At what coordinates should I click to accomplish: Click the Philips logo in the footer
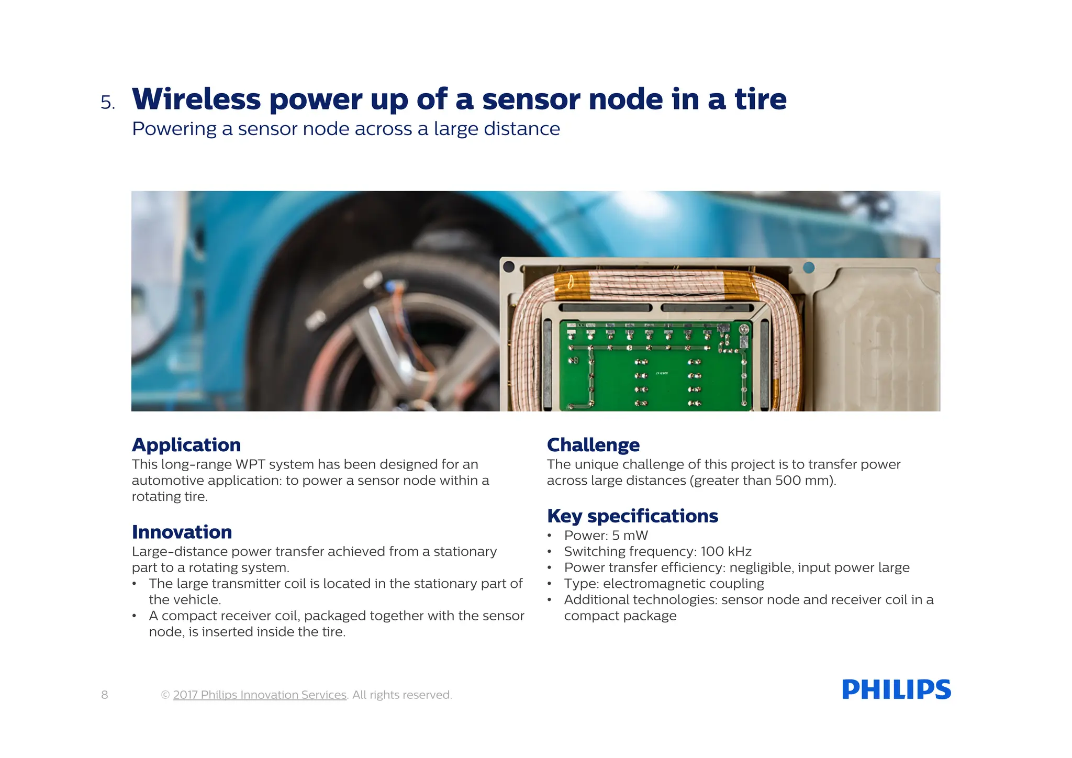click(896, 689)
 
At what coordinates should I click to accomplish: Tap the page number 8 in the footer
click(105, 695)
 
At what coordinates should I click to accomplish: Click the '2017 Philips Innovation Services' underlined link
click(260, 695)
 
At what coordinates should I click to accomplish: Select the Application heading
click(186, 445)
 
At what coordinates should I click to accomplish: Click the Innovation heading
click(182, 532)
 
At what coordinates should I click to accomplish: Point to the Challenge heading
click(593, 445)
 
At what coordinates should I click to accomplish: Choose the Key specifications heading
click(632, 516)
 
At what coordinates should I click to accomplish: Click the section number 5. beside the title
click(108, 103)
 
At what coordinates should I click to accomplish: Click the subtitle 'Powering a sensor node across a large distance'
click(345, 129)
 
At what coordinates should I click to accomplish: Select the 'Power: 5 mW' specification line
click(606, 536)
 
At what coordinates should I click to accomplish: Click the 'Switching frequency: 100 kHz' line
click(657, 552)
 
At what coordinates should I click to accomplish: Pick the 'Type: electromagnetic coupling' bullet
click(664, 584)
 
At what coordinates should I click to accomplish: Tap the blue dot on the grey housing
click(809, 267)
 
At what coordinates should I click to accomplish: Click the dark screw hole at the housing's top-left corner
click(508, 266)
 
